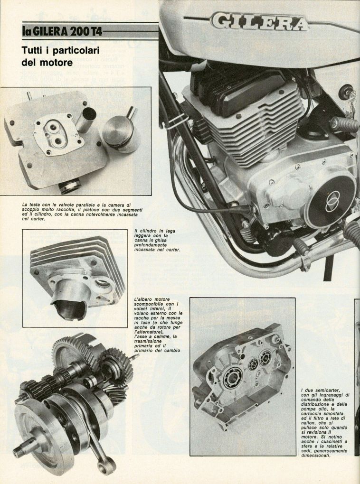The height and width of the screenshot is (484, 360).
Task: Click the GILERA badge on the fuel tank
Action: (259, 21)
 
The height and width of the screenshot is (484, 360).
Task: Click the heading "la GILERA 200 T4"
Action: (62, 31)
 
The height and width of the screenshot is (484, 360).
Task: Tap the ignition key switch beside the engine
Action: (346, 93)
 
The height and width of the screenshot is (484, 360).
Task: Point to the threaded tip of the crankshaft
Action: (19, 453)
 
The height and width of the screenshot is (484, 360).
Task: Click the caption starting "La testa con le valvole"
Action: (80, 212)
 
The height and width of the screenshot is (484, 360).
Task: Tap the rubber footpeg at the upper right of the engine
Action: (344, 124)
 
